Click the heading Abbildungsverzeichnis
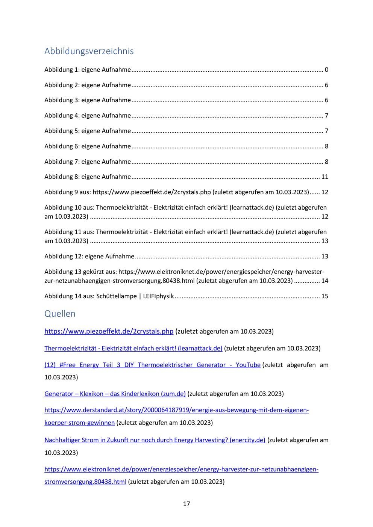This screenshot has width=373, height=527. click(89, 51)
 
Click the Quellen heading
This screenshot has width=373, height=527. click(60, 314)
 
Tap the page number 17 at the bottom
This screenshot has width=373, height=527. click(186, 504)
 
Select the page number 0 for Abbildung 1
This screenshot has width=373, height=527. click(326, 69)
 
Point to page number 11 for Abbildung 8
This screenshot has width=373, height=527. click(324, 177)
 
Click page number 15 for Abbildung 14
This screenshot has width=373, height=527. click(324, 296)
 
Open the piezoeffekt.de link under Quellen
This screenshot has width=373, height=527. click(109, 331)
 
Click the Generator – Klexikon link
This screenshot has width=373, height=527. click(115, 394)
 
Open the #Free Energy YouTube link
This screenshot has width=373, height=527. click(152, 365)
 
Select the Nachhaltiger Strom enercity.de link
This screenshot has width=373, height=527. click(155, 440)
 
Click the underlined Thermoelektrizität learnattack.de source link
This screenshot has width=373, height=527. click(133, 348)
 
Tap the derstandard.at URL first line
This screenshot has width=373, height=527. click(176, 410)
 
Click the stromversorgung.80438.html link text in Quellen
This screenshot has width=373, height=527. click(85, 482)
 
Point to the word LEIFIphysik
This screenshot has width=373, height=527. click(158, 296)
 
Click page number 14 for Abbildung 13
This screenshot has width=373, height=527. click(324, 281)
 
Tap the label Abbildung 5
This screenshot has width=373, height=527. click(61, 131)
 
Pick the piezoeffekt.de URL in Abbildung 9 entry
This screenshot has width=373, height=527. click(152, 192)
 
